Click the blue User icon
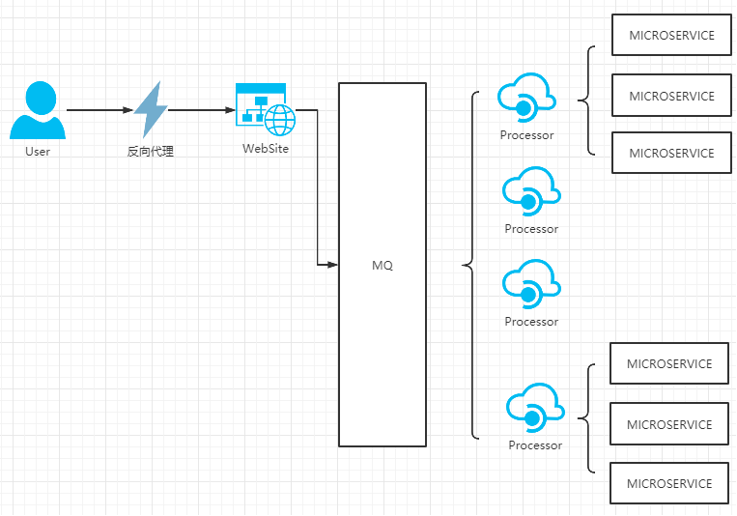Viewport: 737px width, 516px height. (x=38, y=110)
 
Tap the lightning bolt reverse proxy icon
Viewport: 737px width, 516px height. (x=151, y=109)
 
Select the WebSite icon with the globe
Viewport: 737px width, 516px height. (x=266, y=109)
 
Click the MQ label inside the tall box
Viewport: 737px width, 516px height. (x=383, y=266)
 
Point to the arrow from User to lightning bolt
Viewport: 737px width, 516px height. (x=99, y=110)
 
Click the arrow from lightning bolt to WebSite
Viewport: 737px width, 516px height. (x=201, y=110)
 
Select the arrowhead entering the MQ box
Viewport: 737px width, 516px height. (x=333, y=265)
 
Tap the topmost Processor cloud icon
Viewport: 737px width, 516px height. (x=526, y=98)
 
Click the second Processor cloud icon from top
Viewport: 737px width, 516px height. (x=531, y=191)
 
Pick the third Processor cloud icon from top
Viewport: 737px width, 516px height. (x=531, y=284)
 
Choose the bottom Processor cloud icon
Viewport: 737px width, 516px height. (x=535, y=408)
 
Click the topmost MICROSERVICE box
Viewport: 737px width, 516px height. (x=671, y=35)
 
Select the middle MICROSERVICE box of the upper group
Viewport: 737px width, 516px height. (x=671, y=96)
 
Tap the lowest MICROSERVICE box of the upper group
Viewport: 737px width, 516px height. (x=671, y=153)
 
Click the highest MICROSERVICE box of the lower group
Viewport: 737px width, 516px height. (x=669, y=363)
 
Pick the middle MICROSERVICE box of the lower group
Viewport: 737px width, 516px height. (x=669, y=424)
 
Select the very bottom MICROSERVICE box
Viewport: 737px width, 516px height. (x=669, y=483)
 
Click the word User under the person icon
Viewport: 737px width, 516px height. (x=38, y=152)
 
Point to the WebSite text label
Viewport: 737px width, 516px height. (x=266, y=149)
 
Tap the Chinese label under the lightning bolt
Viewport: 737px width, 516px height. (x=151, y=152)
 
